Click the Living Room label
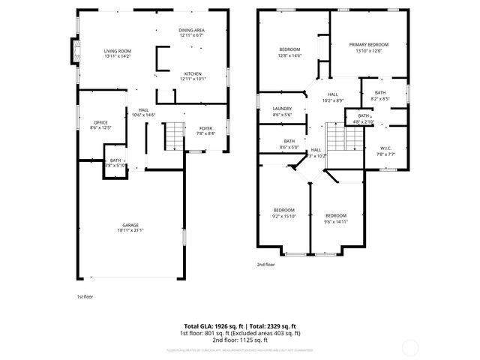click(x=117, y=50)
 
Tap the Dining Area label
click(x=192, y=31)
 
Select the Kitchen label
click(x=192, y=73)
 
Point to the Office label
click(x=100, y=122)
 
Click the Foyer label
click(x=205, y=128)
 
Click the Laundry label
click(x=282, y=109)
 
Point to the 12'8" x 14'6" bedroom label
click(x=289, y=49)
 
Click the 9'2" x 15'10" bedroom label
click(x=284, y=210)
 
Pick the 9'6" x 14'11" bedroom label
click(x=335, y=215)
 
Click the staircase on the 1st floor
click(x=174, y=135)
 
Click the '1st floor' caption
click(x=85, y=297)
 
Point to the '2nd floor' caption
click(x=265, y=265)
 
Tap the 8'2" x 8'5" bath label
click(x=380, y=95)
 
